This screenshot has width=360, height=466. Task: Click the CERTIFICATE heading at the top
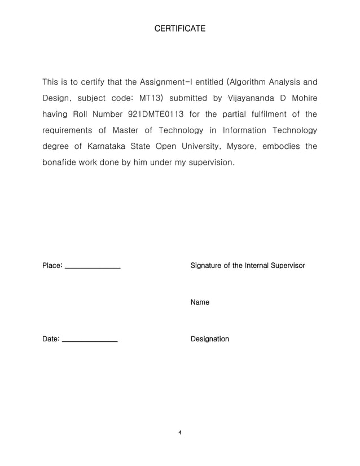pyautogui.click(x=179, y=28)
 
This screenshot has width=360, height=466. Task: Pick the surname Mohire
pyautogui.click(x=303, y=99)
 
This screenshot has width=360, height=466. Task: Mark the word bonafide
pyautogui.click(x=60, y=162)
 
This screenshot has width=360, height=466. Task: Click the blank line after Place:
pyautogui.click(x=93, y=267)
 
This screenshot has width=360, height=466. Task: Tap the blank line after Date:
pyautogui.click(x=89, y=341)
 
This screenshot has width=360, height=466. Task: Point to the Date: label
pyautogui.click(x=51, y=339)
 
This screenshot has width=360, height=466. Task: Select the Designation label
pyautogui.click(x=210, y=339)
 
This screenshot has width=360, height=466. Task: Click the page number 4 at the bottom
pyautogui.click(x=179, y=433)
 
